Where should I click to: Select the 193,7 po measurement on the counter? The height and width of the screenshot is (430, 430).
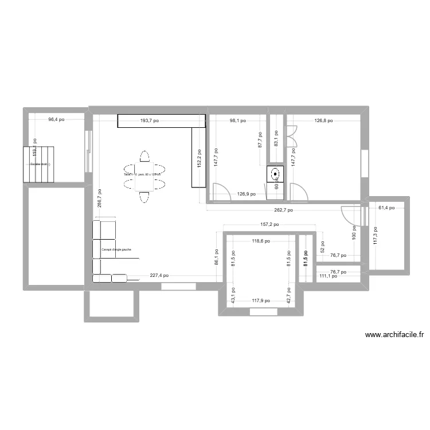(150, 121)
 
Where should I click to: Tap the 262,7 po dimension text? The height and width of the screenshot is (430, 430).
(282, 210)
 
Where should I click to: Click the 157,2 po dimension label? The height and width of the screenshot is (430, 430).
(269, 225)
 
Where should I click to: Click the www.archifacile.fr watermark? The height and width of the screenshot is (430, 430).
(394, 335)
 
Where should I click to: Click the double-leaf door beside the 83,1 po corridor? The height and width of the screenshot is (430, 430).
(292, 135)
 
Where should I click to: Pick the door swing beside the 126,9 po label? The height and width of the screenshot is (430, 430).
(219, 191)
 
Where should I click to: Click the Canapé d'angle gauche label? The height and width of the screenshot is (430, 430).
(116, 249)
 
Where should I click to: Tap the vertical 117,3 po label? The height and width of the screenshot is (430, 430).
(376, 235)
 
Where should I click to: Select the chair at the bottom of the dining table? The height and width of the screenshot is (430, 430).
(144, 197)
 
